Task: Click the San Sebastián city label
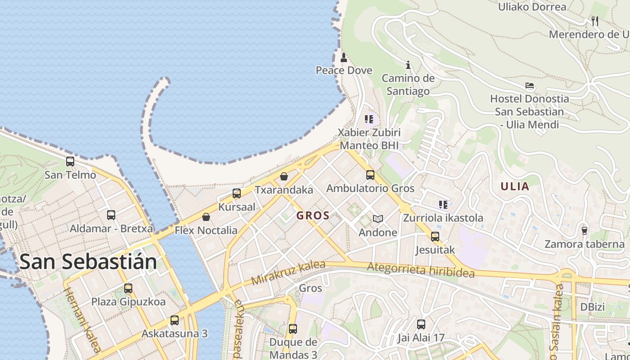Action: tap(88, 261)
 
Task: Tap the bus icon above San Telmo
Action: tap(70, 161)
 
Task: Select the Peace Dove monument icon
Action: tap(344, 57)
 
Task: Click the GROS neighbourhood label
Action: tap(313, 216)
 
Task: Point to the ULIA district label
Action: tap(515, 186)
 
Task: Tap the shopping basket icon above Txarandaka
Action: tap(284, 176)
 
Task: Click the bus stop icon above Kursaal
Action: tap(237, 193)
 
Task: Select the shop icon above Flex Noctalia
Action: tap(206, 217)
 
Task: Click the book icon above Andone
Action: tap(378, 219)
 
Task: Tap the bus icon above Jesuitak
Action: tap(435, 236)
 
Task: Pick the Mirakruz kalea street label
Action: tap(288, 273)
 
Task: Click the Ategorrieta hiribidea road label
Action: tap(421, 270)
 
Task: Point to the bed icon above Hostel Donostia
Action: tap(530, 85)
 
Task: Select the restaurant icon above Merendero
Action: tap(595, 21)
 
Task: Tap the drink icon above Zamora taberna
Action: tap(585, 230)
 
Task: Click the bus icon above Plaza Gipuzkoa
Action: tap(128, 288)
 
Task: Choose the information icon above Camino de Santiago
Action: tap(408, 65)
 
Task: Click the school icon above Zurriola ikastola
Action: tap(443, 205)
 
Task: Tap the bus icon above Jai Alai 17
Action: tap(421, 324)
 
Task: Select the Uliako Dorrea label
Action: tap(532, 7)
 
